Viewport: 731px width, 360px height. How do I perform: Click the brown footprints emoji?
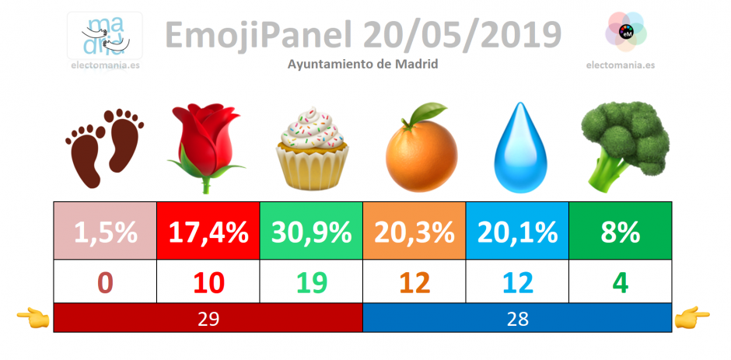click(x=104, y=148)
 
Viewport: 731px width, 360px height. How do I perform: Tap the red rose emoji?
click(x=205, y=148)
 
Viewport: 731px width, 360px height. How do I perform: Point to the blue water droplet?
click(x=520, y=148)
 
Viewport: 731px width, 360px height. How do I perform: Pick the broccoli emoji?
click(x=624, y=147)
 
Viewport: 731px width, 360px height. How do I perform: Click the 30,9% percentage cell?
click(x=311, y=231)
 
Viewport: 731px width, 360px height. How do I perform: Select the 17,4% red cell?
click(x=208, y=231)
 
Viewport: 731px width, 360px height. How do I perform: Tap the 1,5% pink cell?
click(x=105, y=231)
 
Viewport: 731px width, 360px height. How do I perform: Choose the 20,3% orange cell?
click(x=414, y=231)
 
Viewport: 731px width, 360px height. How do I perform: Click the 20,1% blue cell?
click(x=517, y=231)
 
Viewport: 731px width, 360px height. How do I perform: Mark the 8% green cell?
click(x=621, y=231)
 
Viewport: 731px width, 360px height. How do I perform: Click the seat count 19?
click(x=311, y=282)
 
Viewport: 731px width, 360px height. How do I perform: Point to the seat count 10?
click(x=208, y=282)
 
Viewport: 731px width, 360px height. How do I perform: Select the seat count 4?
click(x=621, y=282)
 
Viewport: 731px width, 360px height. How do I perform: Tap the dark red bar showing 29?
click(x=208, y=317)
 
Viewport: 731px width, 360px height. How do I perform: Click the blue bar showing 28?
click(x=517, y=317)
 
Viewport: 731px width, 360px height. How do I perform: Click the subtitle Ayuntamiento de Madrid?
click(x=362, y=65)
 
